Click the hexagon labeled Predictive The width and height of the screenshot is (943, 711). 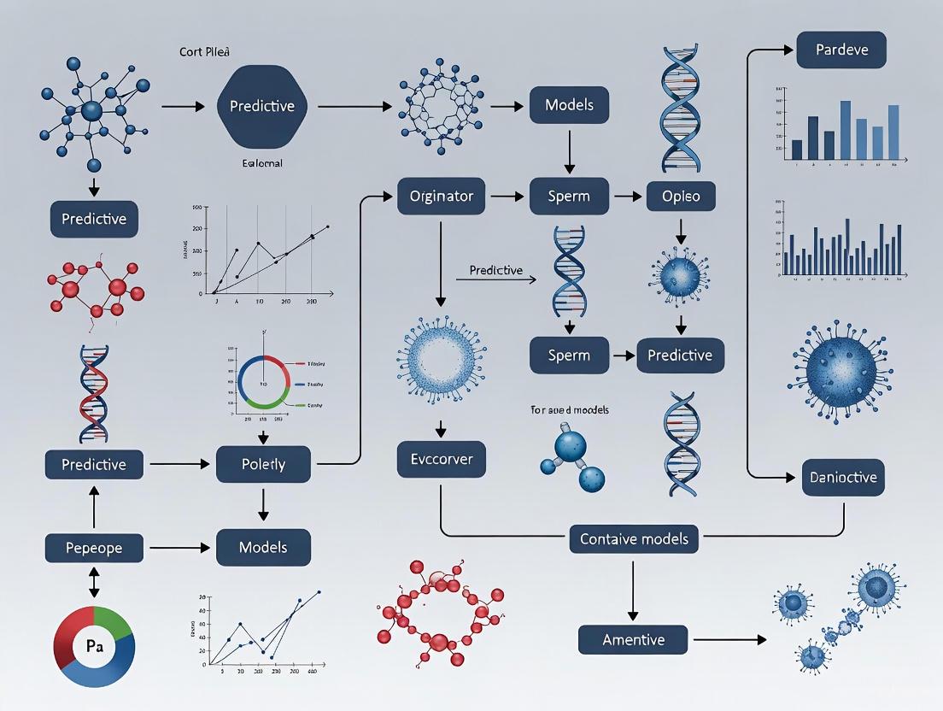click(x=261, y=106)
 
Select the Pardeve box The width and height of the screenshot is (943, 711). click(x=840, y=50)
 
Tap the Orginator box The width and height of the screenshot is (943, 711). click(x=440, y=197)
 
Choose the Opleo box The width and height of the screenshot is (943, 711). click(x=680, y=197)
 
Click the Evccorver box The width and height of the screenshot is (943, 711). click(x=440, y=460)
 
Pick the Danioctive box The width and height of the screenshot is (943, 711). click(x=842, y=477)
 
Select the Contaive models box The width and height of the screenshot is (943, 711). click(x=634, y=539)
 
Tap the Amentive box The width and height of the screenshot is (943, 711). click(x=633, y=639)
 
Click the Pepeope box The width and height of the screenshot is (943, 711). click(x=94, y=548)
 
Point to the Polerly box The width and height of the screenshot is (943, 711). click(x=263, y=464)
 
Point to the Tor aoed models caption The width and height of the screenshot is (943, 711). click(x=570, y=410)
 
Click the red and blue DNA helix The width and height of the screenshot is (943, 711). click(x=94, y=392)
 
